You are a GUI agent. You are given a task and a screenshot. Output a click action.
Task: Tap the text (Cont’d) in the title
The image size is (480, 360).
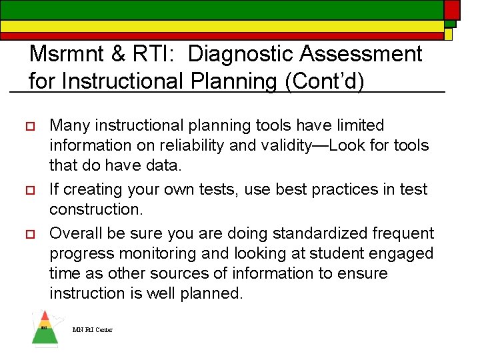point(325,81)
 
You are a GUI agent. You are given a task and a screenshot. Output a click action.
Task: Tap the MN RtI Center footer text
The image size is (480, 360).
point(93,330)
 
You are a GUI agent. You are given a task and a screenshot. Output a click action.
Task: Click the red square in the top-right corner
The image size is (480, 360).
point(452,9)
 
